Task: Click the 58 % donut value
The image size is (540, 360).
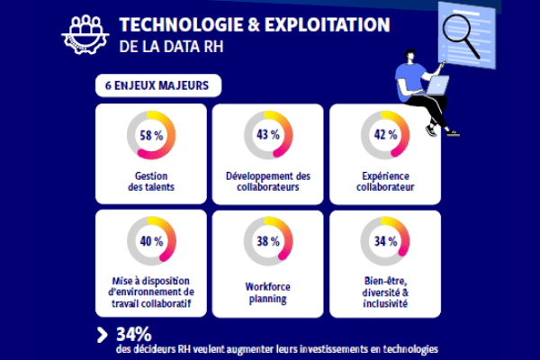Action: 151,136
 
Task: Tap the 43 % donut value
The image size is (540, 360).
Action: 268,136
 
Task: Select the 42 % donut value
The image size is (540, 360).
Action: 385,136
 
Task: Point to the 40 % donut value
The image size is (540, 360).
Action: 151,241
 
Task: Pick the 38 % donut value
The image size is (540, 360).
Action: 268,241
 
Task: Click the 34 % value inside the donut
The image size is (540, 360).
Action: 385,241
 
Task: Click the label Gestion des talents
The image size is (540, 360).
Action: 151,181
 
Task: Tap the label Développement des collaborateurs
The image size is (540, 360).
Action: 268,181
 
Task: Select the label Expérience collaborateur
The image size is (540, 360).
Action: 385,181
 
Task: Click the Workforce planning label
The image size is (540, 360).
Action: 268,293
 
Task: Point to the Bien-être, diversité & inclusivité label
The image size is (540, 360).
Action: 385,293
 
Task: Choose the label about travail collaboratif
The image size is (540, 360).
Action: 151,293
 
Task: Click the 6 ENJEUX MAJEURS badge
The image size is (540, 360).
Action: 150,88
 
